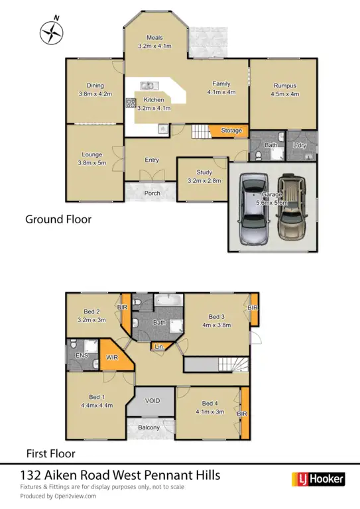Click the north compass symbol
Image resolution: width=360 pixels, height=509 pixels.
click(50, 32)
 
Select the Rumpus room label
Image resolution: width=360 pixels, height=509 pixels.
click(284, 85)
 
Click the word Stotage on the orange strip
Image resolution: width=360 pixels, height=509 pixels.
click(231, 131)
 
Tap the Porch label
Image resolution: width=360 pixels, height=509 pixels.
click(152, 194)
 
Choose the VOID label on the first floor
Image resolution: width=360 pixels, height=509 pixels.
click(153, 401)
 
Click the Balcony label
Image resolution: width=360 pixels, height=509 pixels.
click(149, 427)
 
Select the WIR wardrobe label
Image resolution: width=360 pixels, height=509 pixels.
click(112, 357)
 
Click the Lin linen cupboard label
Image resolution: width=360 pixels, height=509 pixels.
click(159, 347)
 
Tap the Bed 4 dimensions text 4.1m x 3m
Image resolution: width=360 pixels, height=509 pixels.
click(210, 412)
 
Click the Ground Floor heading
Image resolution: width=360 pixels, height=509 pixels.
click(58, 218)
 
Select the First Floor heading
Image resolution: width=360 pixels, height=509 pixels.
click(50, 454)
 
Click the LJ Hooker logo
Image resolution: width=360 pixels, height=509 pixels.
click(318, 479)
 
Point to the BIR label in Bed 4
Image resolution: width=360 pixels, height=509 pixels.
click(245, 414)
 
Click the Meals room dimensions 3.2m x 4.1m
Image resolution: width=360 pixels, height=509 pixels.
click(154, 46)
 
